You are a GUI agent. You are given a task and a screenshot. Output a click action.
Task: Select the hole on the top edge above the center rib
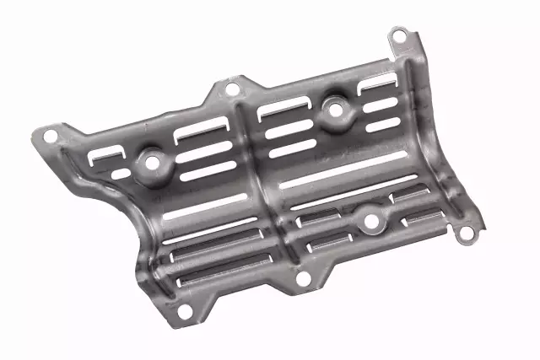pos(231,89)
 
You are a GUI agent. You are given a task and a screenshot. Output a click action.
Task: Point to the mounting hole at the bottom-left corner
pos(183,314)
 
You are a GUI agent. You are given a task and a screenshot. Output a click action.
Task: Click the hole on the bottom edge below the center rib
pos(304,280)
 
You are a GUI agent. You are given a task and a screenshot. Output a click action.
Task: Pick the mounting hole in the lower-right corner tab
pos(462,237)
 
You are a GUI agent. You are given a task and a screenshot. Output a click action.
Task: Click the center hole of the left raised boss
pos(153,160)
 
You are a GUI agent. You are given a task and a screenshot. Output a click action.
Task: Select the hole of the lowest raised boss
pos(370,223)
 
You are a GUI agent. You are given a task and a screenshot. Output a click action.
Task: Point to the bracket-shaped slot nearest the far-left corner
pos(107,153)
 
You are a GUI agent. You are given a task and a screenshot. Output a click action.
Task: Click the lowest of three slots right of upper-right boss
pos(384,124)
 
